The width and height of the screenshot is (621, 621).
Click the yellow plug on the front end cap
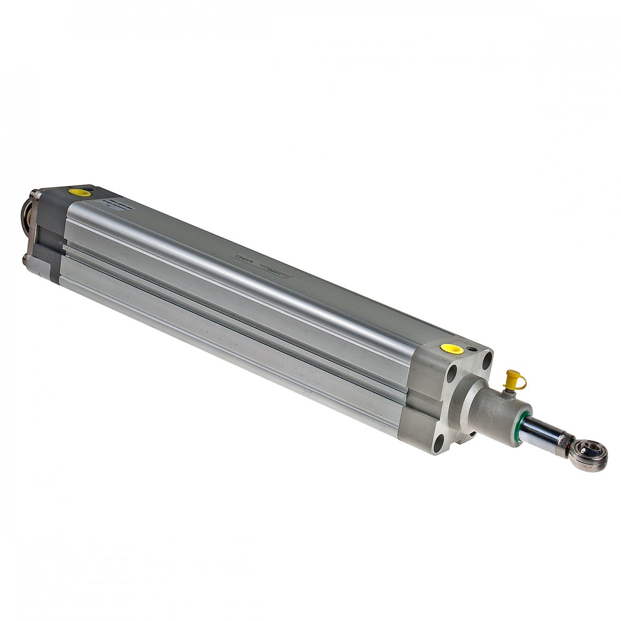tap(450, 349)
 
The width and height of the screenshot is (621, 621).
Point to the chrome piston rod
tap(542, 432)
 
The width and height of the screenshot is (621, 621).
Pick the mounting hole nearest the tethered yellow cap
tap(486, 358)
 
